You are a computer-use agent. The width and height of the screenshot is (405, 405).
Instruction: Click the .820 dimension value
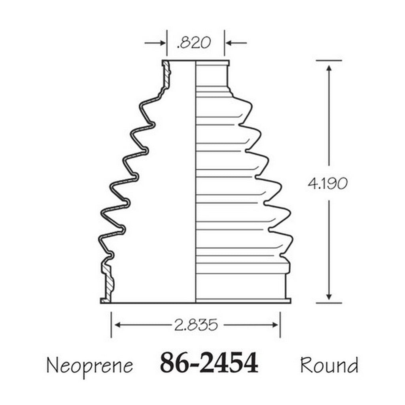click(194, 43)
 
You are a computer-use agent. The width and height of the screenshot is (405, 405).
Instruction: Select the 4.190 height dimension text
click(328, 184)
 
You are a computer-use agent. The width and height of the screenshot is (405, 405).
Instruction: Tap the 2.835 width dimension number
click(196, 325)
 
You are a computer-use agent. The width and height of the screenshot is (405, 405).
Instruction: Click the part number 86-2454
click(209, 362)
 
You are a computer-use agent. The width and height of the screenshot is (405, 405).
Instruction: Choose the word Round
click(329, 365)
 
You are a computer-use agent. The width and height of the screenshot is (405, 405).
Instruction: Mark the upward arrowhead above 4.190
click(329, 68)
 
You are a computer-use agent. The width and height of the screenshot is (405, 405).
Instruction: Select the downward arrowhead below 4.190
click(329, 297)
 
